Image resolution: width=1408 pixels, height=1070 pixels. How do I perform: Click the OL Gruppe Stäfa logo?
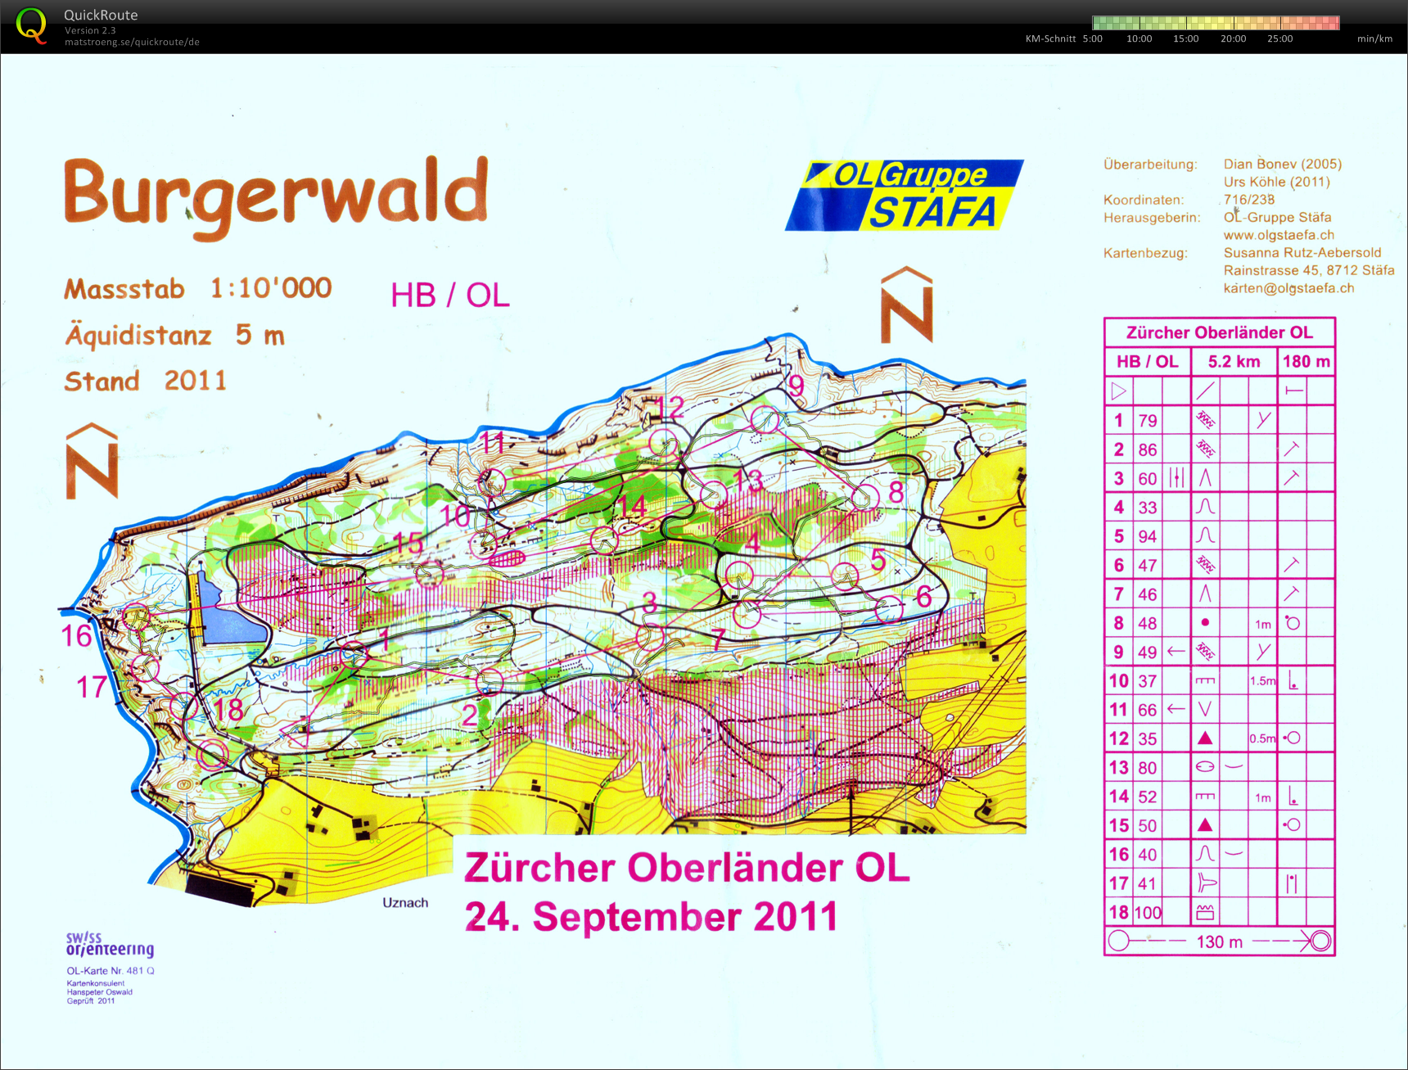coord(905,195)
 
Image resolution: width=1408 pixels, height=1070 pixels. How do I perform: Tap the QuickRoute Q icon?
coord(31,25)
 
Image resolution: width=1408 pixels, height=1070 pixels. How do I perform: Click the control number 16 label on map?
coord(76,636)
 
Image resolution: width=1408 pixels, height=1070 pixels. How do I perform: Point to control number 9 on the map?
coord(796,385)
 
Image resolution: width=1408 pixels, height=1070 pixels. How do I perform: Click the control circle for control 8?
coord(865,496)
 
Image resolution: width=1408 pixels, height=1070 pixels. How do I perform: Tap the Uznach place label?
coord(405,902)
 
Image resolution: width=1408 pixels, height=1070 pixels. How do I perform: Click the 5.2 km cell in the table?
coord(1234,361)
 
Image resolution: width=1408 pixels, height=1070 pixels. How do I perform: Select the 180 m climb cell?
coord(1306,361)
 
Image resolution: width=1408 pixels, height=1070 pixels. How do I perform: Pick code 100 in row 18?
coord(1148,912)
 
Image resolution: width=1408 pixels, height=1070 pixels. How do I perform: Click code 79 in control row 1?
coord(1148,421)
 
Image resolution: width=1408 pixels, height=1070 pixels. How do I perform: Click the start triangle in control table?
coord(1118,391)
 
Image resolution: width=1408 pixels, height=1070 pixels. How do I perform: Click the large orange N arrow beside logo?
coord(906,305)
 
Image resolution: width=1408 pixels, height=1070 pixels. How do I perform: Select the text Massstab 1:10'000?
coord(198,288)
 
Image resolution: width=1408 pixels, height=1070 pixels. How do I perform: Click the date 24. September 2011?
coord(652,917)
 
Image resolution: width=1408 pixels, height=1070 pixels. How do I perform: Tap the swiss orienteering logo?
coord(109,944)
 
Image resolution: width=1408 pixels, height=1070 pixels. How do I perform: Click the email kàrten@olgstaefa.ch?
coord(1288,288)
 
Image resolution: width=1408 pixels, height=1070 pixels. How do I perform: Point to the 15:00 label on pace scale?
coord(1185,38)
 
